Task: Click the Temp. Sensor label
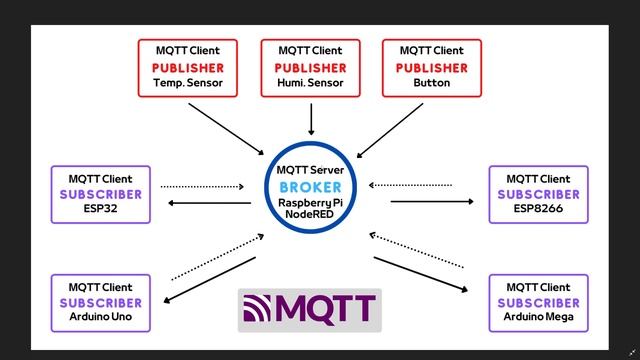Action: pos(188,84)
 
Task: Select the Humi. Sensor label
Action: pos(310,84)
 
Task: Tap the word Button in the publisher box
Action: pos(431,84)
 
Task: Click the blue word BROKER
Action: pos(310,186)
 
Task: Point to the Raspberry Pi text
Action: pos(310,203)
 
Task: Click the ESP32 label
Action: pos(100,210)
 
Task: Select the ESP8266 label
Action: pos(538,210)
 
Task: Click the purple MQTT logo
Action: pos(309,309)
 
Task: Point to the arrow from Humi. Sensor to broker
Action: pos(311,118)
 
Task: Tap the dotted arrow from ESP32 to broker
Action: pos(202,186)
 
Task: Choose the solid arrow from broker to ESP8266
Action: pos(432,202)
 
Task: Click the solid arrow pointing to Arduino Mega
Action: pos(420,274)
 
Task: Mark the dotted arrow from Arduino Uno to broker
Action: pos(217,257)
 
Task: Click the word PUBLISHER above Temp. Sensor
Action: pos(188,67)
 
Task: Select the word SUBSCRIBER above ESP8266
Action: pos(538,194)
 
